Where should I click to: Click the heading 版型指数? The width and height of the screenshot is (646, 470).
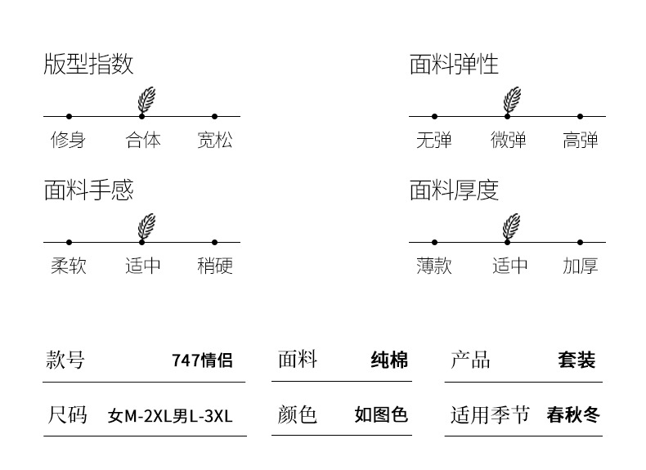point(88,65)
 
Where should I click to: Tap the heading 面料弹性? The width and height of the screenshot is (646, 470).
point(454,65)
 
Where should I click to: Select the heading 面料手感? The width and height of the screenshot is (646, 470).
point(88,190)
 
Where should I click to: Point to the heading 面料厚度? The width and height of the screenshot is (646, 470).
point(454,190)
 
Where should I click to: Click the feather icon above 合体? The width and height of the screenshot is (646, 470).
point(146,100)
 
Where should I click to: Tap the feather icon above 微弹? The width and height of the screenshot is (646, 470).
point(512,100)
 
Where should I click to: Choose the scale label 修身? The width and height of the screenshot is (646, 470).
point(68,141)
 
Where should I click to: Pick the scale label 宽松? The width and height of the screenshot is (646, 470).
point(215,141)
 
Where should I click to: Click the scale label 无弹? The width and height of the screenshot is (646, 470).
point(433,141)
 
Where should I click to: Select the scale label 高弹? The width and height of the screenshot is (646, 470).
point(581,141)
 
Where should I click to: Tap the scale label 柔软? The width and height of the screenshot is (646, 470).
point(68,266)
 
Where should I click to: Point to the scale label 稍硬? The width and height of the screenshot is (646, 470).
point(215,266)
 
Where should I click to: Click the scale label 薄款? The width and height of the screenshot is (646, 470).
point(433,266)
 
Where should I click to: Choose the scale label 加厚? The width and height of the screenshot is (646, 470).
point(581,266)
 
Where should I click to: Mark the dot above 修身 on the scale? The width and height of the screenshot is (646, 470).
point(69,117)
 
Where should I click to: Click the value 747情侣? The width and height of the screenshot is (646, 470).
point(202,360)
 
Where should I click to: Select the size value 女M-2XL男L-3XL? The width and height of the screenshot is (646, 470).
point(170,416)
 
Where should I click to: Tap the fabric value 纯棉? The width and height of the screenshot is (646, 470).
point(389,360)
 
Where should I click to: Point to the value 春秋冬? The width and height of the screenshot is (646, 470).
point(573,415)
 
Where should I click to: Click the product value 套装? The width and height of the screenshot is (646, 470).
point(576,360)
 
